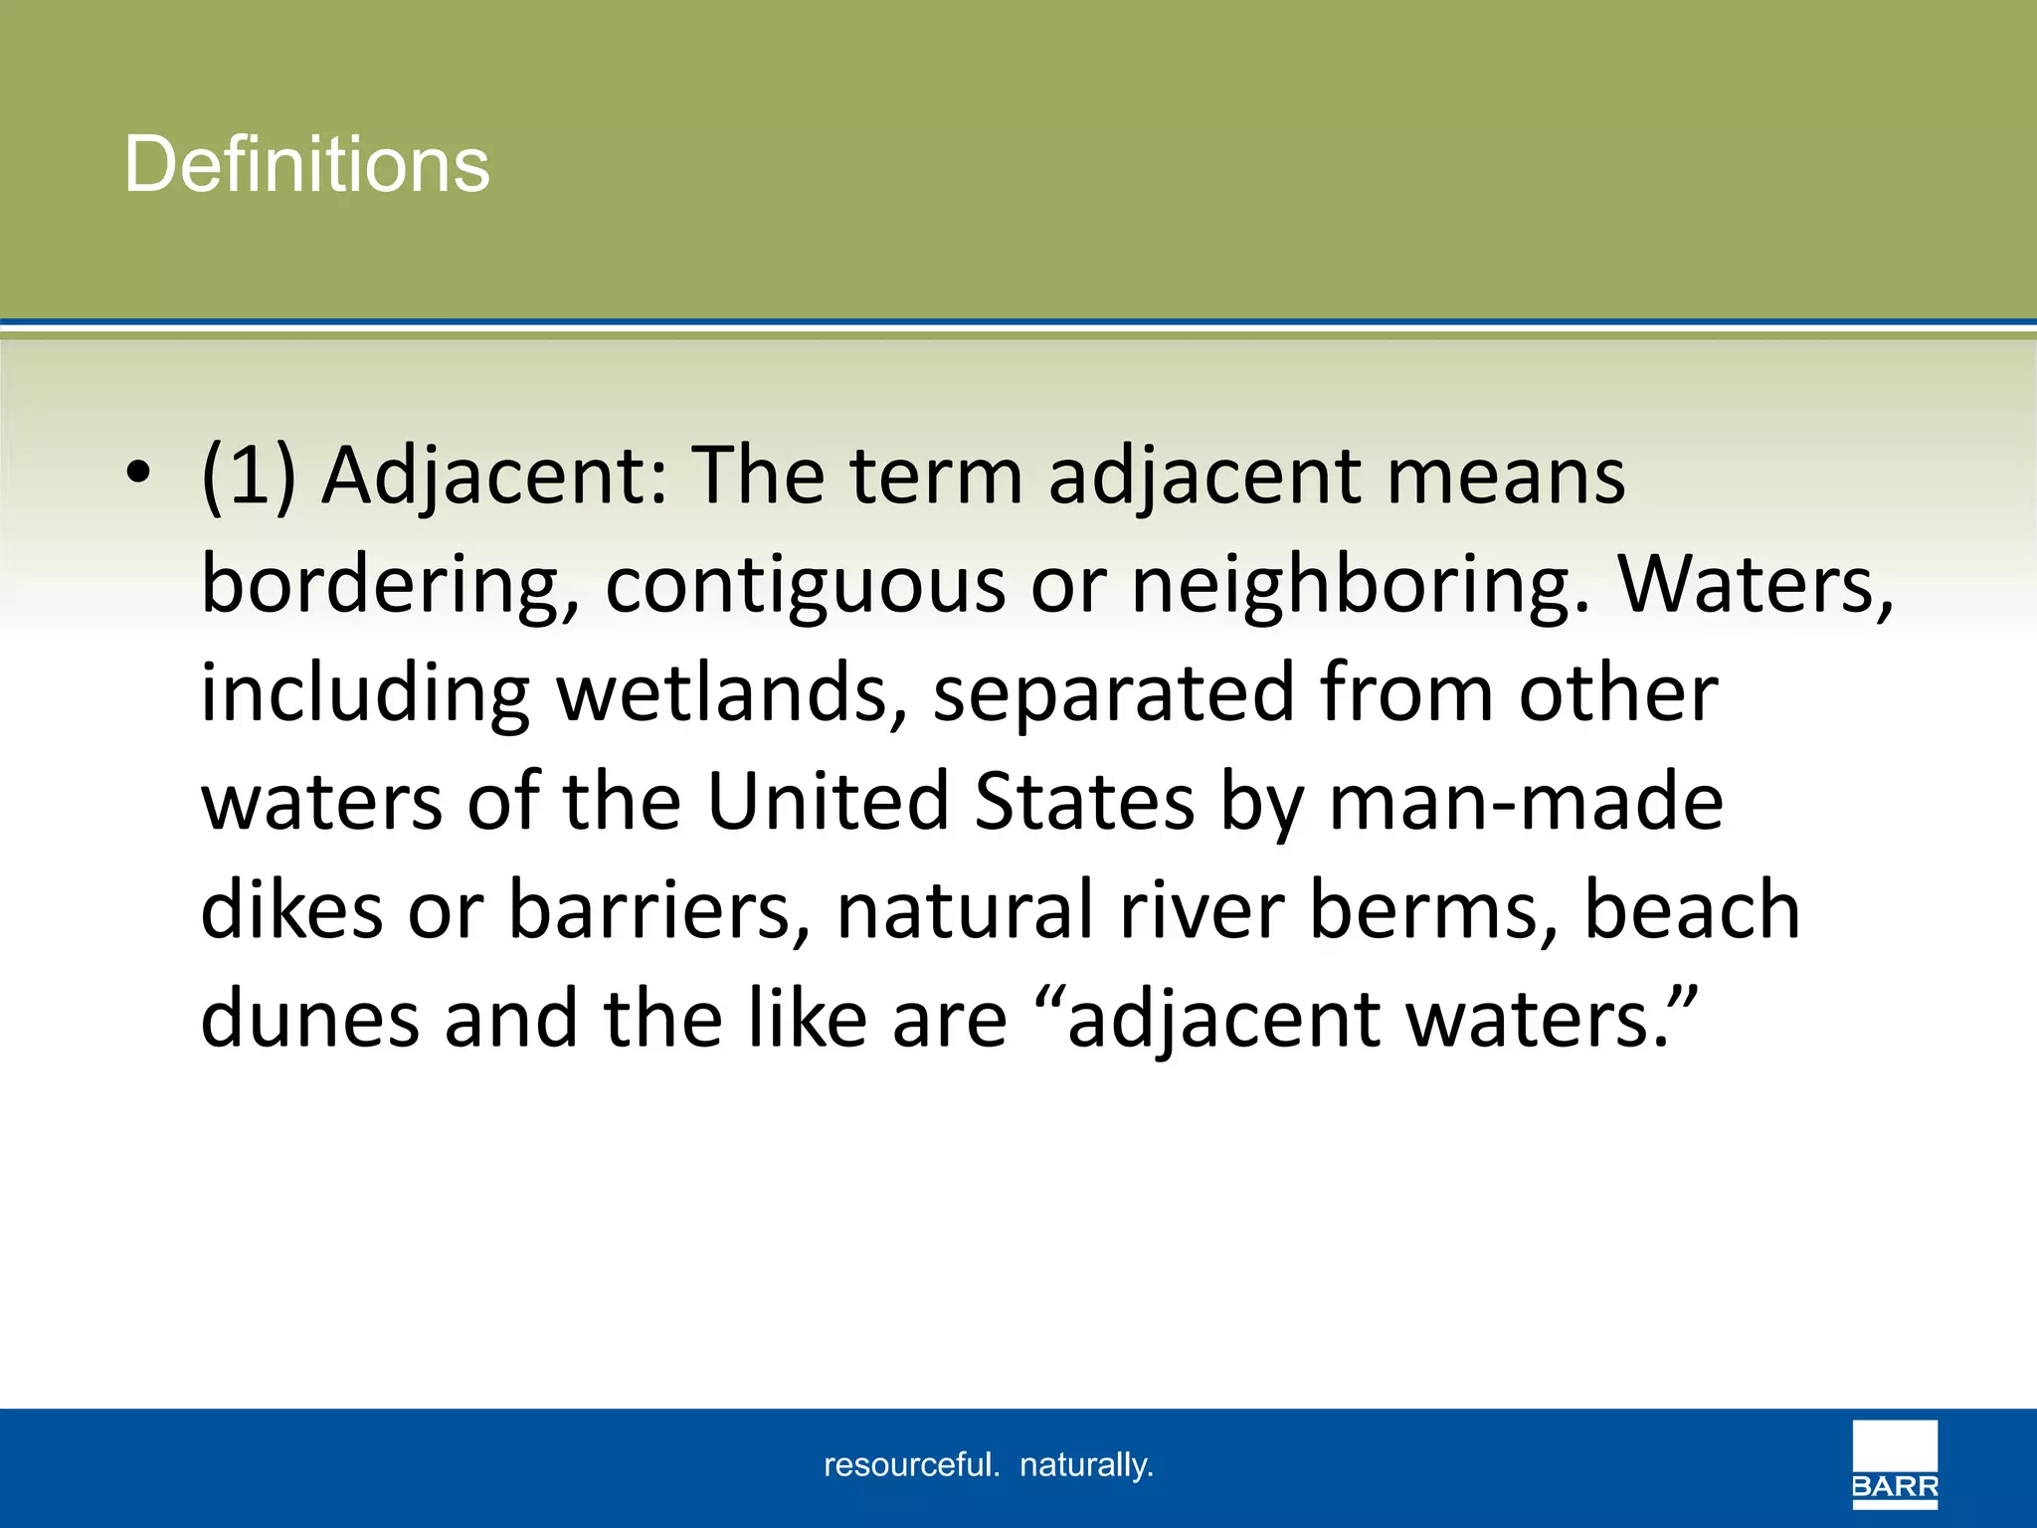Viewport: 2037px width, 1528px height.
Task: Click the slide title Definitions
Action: pos(306,164)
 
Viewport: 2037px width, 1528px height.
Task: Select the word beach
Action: pos(1692,910)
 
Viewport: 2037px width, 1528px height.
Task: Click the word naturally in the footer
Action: pos(1086,1465)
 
